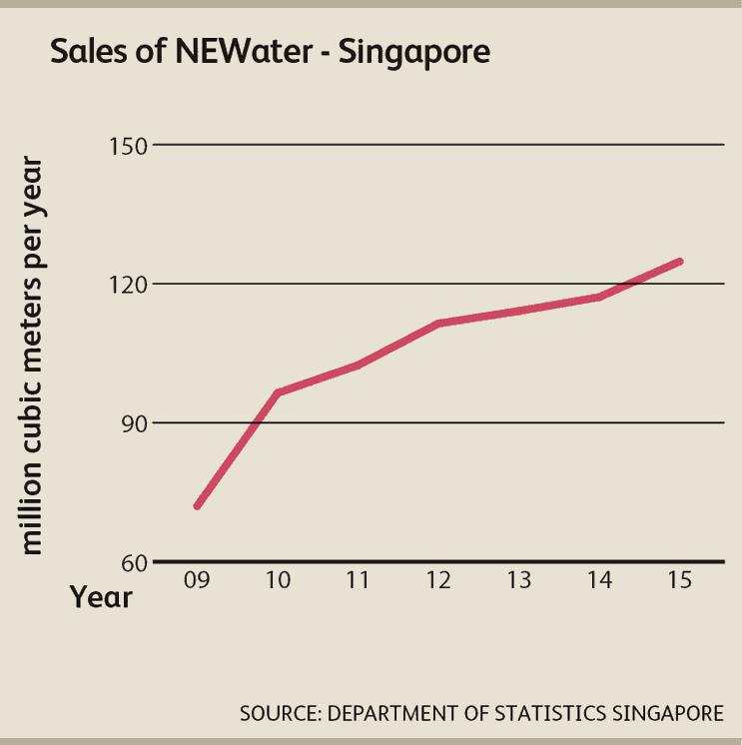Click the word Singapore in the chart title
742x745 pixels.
tap(414, 54)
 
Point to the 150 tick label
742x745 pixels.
tap(128, 146)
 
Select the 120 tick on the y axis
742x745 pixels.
tap(128, 285)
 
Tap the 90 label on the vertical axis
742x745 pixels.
tap(133, 423)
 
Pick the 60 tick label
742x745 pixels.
tap(133, 562)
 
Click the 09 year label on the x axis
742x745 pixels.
tap(197, 580)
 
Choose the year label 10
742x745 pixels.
tap(278, 580)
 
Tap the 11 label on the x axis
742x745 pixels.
tap(359, 580)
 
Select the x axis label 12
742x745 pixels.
tap(438, 580)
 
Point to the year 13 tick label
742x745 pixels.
tap(518, 580)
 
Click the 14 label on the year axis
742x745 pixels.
tap(599, 580)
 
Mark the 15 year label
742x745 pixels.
tap(679, 580)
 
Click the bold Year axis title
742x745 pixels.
tap(101, 597)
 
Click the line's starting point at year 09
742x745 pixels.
tap(198, 506)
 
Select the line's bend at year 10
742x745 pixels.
tap(278, 392)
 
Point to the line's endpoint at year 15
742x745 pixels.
tap(680, 261)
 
